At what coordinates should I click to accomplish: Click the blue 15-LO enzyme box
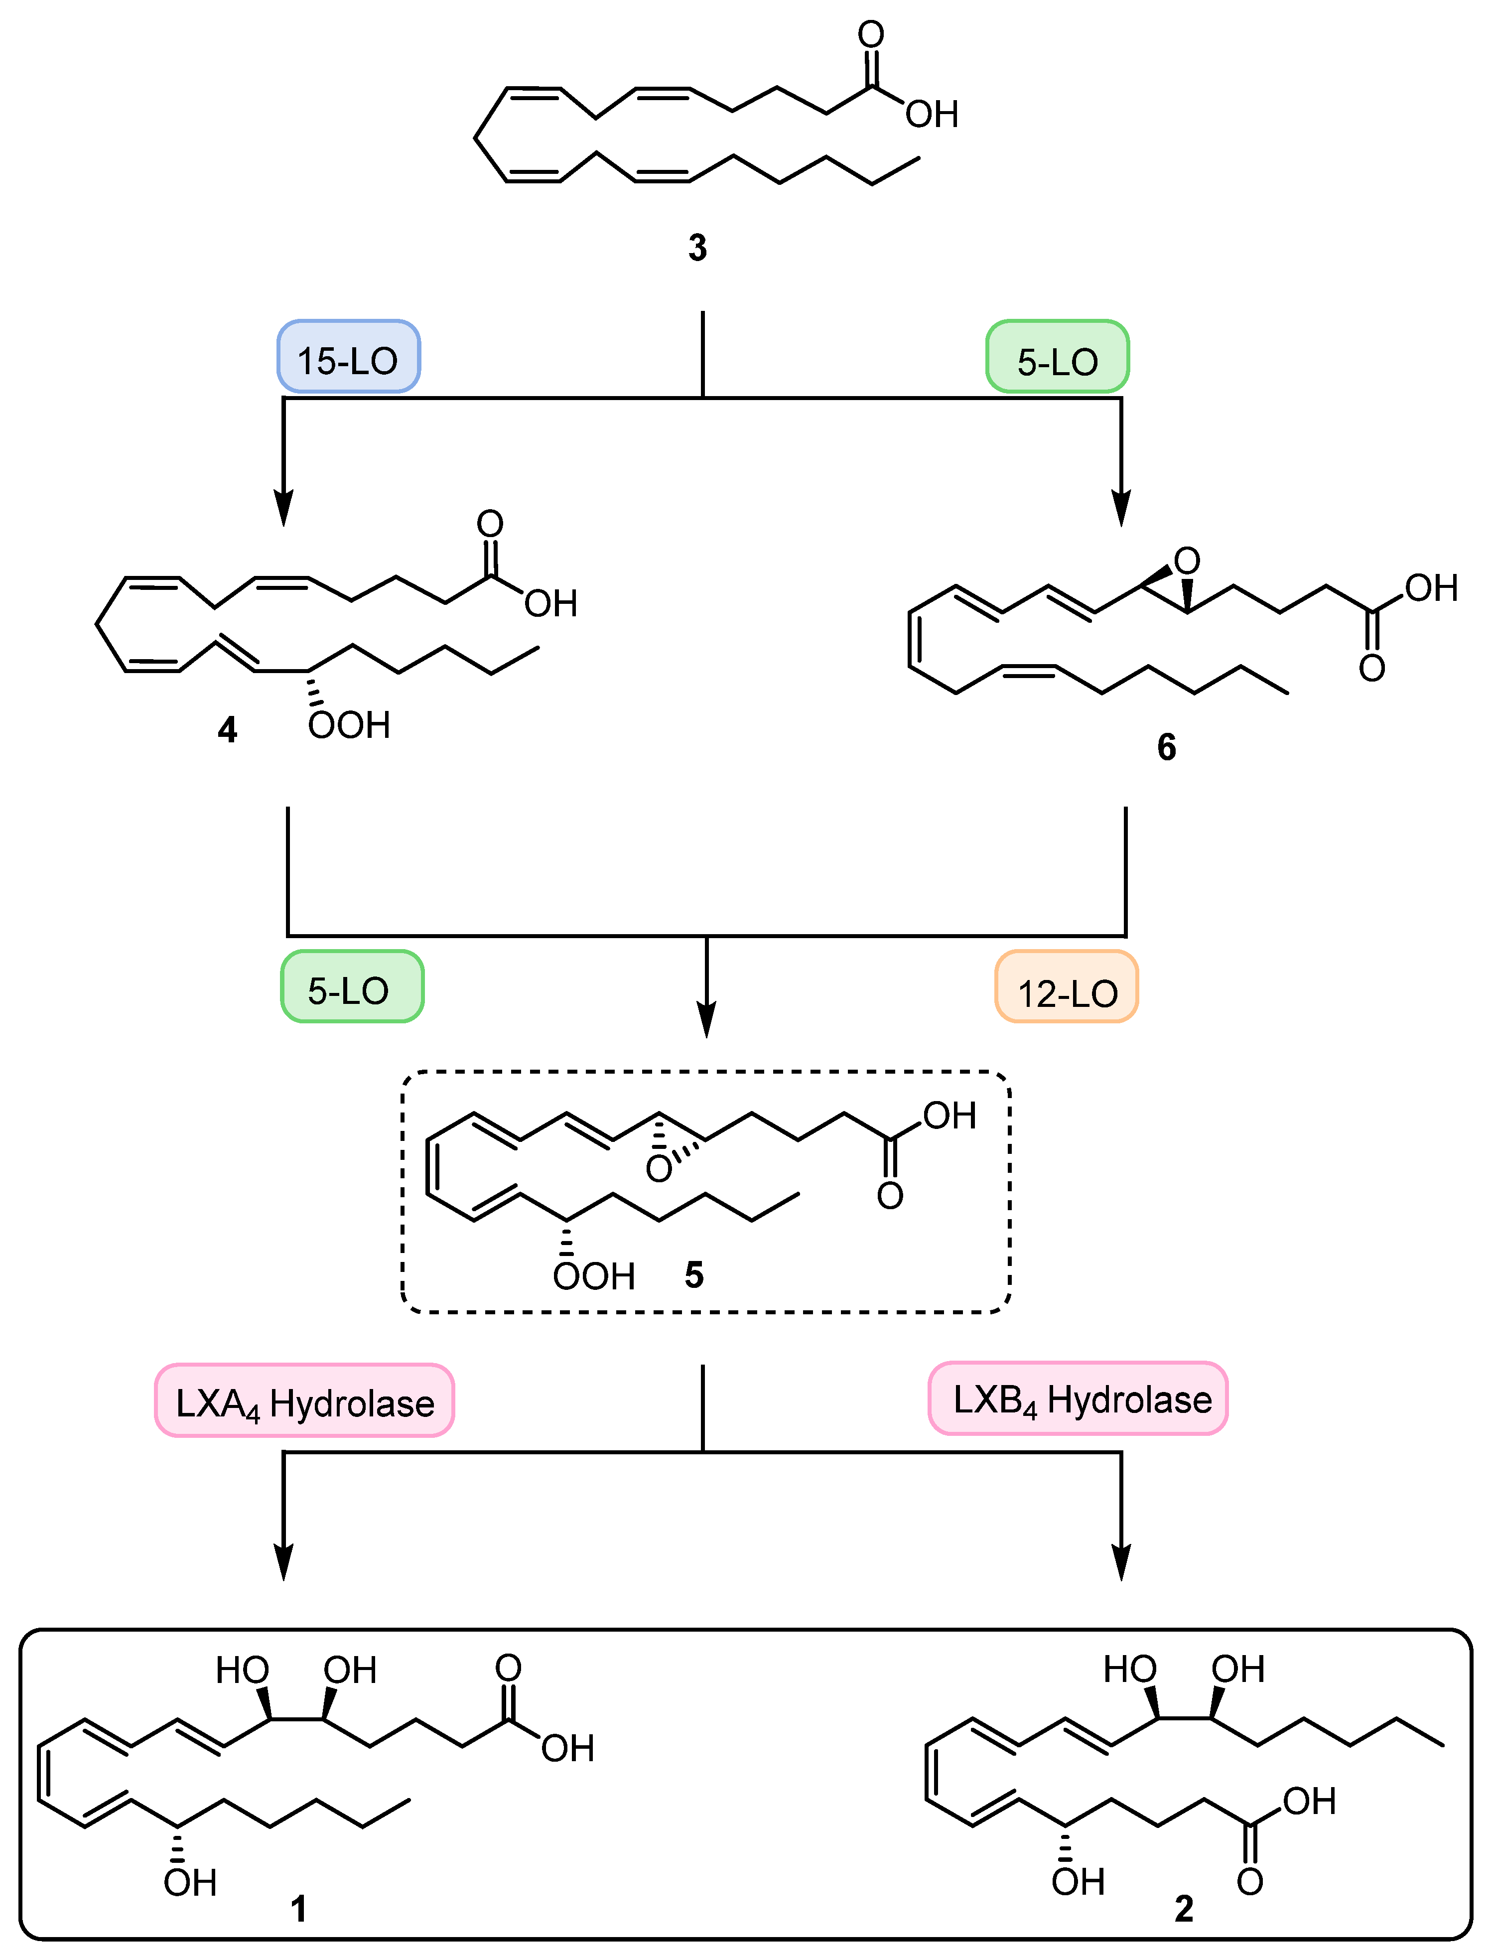point(348,357)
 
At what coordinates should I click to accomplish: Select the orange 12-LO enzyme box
point(1067,987)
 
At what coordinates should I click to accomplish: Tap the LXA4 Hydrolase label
point(304,1400)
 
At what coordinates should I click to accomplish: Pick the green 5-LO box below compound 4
point(352,987)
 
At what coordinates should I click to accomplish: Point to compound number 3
point(697,248)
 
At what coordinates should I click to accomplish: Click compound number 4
point(227,730)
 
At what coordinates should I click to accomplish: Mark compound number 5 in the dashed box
point(693,1275)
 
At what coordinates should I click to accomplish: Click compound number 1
point(298,1908)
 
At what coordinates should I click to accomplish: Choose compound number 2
point(1184,1908)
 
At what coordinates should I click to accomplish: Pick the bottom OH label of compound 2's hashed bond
point(1077,1881)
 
